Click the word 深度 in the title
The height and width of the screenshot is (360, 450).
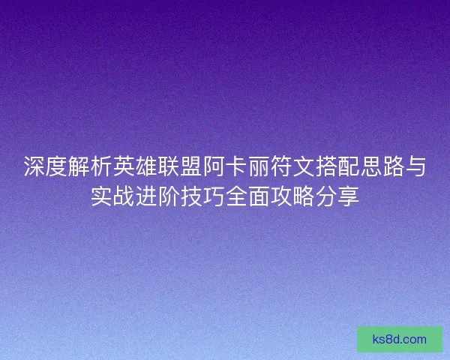point(43,166)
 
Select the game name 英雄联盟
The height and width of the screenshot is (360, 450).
point(165,166)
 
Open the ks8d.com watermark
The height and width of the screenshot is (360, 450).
point(400,339)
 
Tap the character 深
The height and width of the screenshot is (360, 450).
point(33,166)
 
